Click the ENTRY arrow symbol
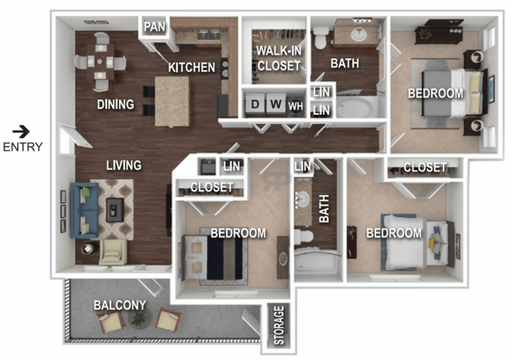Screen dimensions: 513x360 click(x=21, y=132)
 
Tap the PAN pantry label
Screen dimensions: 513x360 click(x=155, y=27)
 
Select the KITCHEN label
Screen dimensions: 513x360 click(x=192, y=67)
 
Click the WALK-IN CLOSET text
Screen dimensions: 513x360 click(x=279, y=58)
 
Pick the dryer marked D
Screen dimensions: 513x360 click(x=255, y=104)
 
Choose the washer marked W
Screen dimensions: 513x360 click(x=276, y=104)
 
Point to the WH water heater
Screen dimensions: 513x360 click(x=295, y=106)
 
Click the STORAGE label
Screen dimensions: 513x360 click(x=279, y=325)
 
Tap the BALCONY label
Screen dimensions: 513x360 click(x=120, y=305)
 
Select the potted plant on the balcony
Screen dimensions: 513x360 click(x=139, y=318)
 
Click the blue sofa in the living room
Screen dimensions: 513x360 click(x=85, y=210)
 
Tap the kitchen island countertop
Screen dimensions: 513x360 click(x=172, y=101)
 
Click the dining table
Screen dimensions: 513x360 click(x=101, y=62)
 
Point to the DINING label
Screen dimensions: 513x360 click(x=116, y=104)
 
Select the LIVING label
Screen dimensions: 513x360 click(x=124, y=165)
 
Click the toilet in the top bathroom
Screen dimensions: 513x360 click(x=320, y=37)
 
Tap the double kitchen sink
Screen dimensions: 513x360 click(x=209, y=34)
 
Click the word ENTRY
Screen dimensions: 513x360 click(x=23, y=147)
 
